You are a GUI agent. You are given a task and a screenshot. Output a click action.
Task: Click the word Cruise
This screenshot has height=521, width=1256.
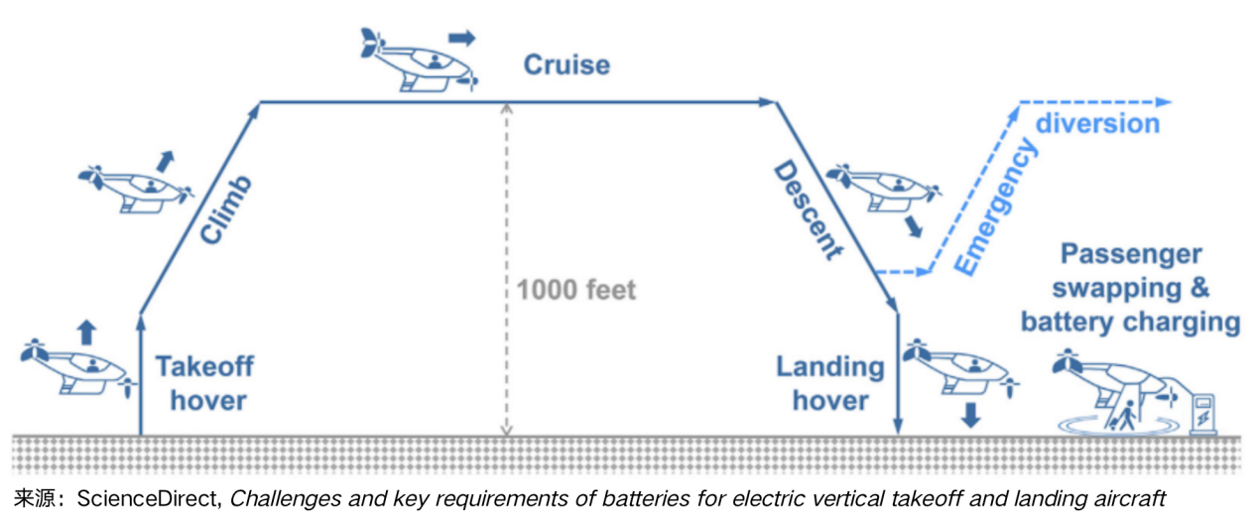pos(566,66)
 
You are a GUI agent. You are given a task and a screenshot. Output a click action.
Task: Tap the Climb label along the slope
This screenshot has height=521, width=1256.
pos(227,209)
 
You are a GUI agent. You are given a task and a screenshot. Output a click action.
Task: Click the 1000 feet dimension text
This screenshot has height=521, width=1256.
pos(575,291)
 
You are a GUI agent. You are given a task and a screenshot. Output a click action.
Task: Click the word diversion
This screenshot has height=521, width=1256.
pos(1097,124)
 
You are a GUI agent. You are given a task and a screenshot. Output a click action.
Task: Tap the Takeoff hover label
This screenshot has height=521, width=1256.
pos(204,383)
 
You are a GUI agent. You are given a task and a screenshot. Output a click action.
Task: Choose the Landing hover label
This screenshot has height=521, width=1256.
pos(830,383)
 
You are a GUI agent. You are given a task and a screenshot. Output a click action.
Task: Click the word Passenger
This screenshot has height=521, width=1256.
pos(1131,254)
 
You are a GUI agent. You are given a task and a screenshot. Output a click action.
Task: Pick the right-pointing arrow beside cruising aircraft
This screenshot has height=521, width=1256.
pos(461,38)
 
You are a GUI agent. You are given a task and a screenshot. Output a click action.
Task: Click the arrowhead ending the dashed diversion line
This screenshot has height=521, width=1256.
pos(1166,101)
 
